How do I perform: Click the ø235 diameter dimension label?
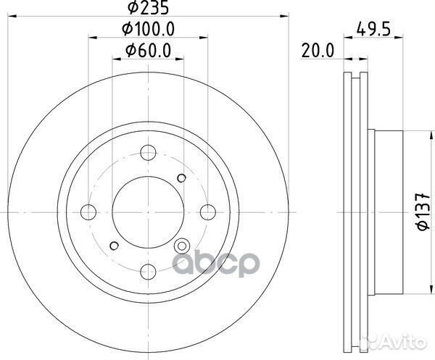point(148,7)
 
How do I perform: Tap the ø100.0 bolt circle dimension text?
point(148,29)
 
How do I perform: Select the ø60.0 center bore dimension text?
point(148,51)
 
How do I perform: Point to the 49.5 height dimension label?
point(373,29)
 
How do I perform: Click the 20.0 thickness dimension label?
point(318,51)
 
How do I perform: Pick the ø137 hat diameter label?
point(423,212)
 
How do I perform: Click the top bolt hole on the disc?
point(148,152)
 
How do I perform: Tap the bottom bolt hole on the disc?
point(148,272)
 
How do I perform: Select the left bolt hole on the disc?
point(88,212)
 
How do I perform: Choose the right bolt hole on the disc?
point(208,212)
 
